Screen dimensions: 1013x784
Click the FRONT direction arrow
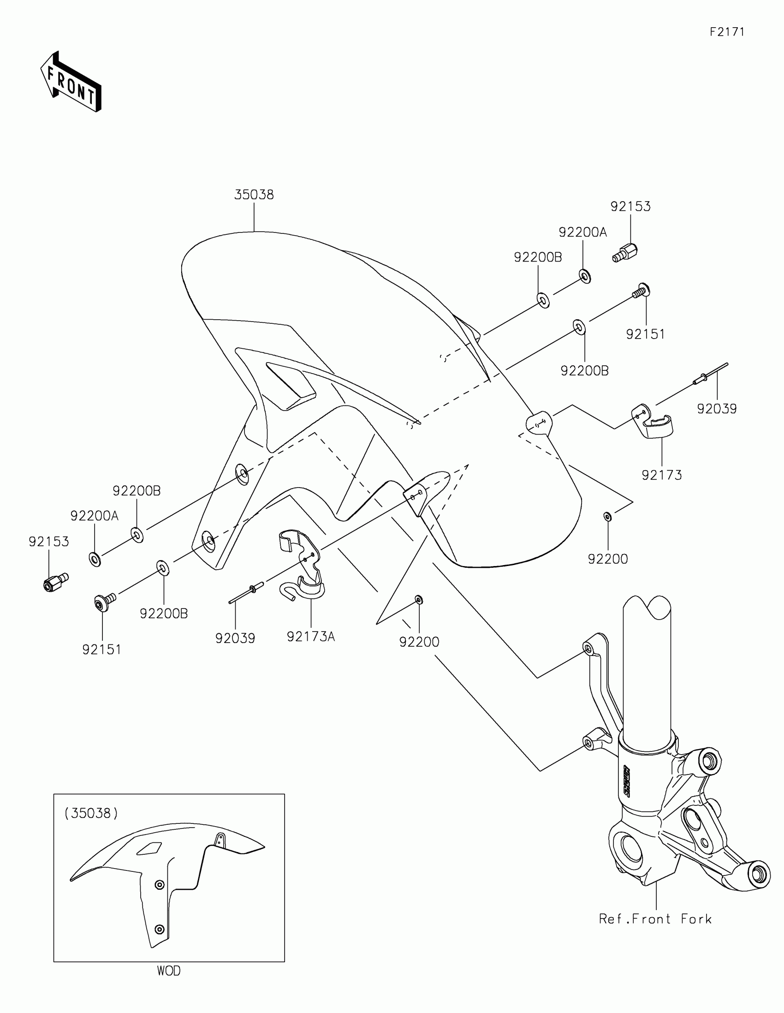coord(71,82)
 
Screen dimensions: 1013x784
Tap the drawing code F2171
coord(727,32)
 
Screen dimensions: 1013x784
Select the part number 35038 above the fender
coord(254,195)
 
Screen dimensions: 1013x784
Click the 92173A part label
coord(311,637)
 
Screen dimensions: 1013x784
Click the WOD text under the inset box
coord(169,970)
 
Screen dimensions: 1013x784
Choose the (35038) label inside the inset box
coord(91,813)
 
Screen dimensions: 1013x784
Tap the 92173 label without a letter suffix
coord(662,475)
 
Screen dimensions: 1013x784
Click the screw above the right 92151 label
coord(642,291)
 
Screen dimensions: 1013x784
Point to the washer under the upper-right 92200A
coord(585,276)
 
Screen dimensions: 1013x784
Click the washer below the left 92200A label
coord(95,559)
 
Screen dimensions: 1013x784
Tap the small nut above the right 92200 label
coord(607,516)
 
